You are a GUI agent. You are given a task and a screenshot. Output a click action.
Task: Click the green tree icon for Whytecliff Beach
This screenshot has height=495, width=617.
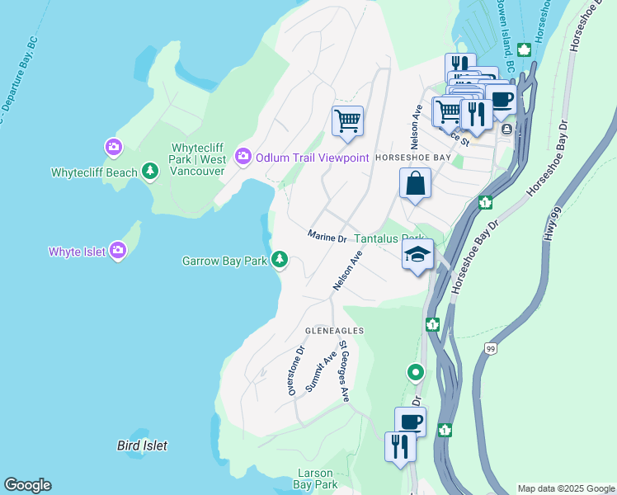click(x=149, y=172)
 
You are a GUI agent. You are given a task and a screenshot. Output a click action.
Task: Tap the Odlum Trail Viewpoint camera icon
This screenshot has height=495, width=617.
click(x=243, y=156)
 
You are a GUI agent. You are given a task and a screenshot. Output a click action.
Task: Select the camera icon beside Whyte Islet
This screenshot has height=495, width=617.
click(x=118, y=250)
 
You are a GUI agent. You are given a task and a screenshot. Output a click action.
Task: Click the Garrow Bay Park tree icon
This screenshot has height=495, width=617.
click(x=280, y=260)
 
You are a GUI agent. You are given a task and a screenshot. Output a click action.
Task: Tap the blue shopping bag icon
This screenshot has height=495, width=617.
click(x=416, y=184)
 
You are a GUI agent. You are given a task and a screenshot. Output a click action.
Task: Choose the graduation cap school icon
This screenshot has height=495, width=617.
click(x=417, y=255)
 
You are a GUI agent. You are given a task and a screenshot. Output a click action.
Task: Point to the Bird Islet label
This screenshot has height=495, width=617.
click(x=142, y=445)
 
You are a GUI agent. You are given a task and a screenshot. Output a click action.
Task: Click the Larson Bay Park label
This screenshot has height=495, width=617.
click(x=317, y=478)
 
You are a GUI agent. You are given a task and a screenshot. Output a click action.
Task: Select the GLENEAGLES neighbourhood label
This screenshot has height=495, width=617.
click(x=335, y=330)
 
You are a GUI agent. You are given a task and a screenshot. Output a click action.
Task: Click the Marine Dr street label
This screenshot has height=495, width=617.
click(x=327, y=238)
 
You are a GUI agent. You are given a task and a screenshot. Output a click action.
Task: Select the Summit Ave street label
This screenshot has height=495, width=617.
click(x=321, y=371)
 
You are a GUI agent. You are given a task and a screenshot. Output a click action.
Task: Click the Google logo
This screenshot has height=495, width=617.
click(x=27, y=485)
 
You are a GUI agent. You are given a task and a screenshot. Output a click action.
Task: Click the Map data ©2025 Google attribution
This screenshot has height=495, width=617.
click(x=565, y=488)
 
